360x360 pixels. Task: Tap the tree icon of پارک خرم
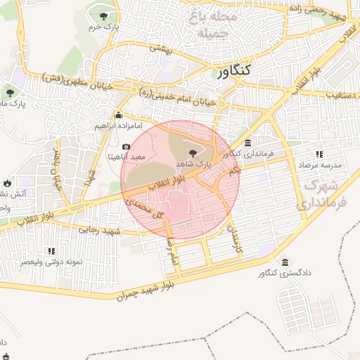pyautogui.click(x=104, y=16)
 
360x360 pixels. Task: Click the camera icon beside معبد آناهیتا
pyautogui.click(x=126, y=146)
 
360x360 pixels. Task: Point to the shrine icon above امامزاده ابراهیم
pyautogui.click(x=119, y=115)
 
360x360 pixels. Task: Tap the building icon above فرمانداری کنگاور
pyautogui.click(x=247, y=143)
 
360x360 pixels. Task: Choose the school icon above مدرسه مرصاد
pyautogui.click(x=320, y=154)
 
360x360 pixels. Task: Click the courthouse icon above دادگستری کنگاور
pyautogui.click(x=285, y=262)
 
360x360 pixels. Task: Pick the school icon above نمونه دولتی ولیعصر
pyautogui.click(x=51, y=250)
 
